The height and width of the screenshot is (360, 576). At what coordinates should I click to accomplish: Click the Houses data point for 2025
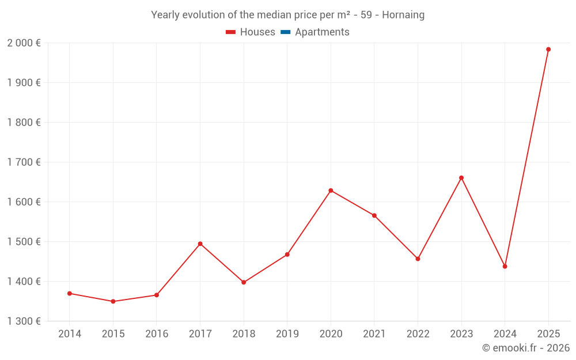click(548, 50)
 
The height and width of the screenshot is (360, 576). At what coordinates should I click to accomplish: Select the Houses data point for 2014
click(70, 293)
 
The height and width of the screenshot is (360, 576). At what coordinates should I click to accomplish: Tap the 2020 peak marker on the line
click(331, 191)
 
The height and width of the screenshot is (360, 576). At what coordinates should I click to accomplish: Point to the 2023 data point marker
click(461, 178)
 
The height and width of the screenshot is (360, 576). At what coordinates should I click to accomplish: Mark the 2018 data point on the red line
click(244, 282)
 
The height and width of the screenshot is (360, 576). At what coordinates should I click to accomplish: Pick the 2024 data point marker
click(505, 266)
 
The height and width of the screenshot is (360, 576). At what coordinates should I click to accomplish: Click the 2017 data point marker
click(200, 244)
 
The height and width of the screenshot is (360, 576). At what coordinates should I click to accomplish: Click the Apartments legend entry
click(321, 32)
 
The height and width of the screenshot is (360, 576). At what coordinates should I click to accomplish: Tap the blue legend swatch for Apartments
click(286, 32)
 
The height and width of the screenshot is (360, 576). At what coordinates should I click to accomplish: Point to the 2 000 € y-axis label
click(24, 43)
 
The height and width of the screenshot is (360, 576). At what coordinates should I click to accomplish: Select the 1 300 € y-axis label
click(24, 321)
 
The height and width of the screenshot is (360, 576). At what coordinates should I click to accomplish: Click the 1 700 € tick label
click(24, 162)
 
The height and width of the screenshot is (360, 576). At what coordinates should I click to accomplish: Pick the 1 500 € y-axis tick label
click(24, 241)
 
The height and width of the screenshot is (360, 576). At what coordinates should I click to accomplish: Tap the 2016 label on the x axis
click(157, 334)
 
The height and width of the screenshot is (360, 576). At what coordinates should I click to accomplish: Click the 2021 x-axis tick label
click(374, 334)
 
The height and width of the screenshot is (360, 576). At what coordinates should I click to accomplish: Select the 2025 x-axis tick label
click(548, 334)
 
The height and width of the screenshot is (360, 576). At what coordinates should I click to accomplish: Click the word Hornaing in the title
click(403, 15)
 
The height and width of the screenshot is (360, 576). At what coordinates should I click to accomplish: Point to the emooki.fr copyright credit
click(526, 348)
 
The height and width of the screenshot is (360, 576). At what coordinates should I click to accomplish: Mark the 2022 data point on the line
click(418, 259)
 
